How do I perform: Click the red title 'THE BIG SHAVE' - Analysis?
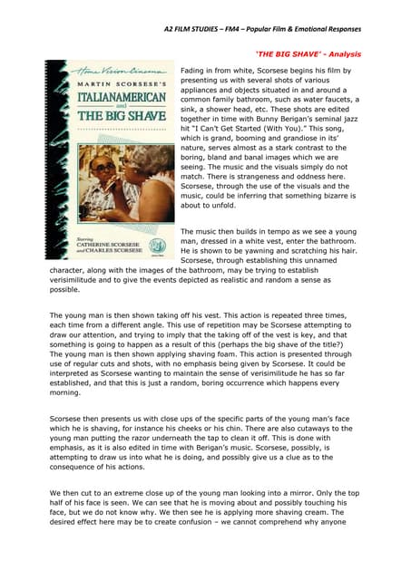pos(308,54)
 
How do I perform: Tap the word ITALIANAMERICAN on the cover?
pos(122,97)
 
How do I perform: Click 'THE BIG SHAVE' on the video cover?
pos(122,116)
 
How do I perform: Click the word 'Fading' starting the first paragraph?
pos(196,70)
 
